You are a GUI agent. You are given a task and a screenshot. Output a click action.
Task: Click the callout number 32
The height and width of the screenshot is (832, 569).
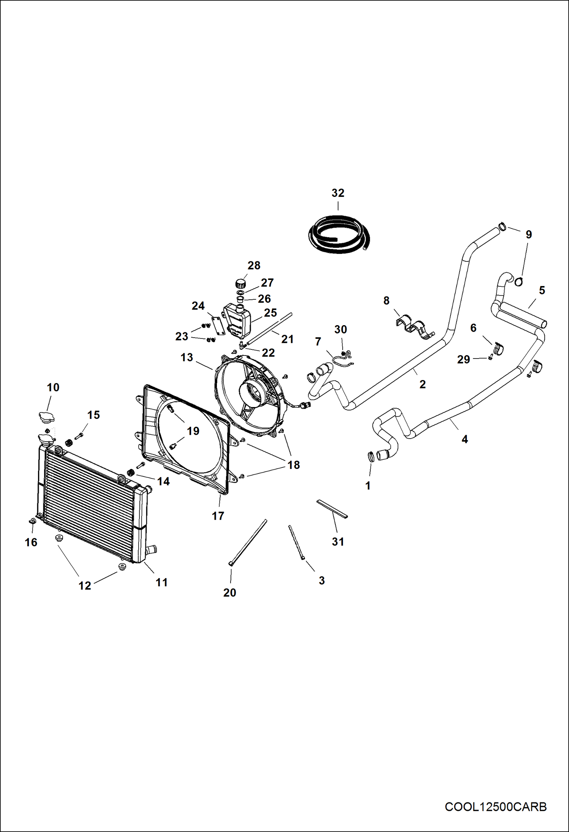pos(338,193)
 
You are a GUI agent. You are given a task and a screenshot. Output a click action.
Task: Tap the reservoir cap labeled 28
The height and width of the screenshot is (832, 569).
pos(240,283)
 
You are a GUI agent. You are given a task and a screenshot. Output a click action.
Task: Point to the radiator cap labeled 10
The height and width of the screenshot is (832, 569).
pos(46,417)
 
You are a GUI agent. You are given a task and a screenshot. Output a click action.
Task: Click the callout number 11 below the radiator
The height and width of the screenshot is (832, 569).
pos(162,582)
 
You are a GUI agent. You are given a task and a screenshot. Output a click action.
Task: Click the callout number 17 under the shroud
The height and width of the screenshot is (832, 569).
pos(218,516)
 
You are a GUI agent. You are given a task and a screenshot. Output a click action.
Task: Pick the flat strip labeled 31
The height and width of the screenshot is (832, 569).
pos(332,508)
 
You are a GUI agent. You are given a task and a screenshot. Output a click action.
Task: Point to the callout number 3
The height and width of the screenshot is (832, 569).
pos(322,580)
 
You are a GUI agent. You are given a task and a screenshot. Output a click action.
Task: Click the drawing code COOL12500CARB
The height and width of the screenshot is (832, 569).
pos(495,807)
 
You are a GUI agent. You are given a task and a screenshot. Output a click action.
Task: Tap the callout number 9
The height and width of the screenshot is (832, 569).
pos(529,234)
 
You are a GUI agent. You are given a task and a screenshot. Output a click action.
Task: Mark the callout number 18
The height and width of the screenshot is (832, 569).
pos(294,465)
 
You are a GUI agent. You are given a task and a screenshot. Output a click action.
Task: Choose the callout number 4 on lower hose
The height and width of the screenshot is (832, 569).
pos(465,439)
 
